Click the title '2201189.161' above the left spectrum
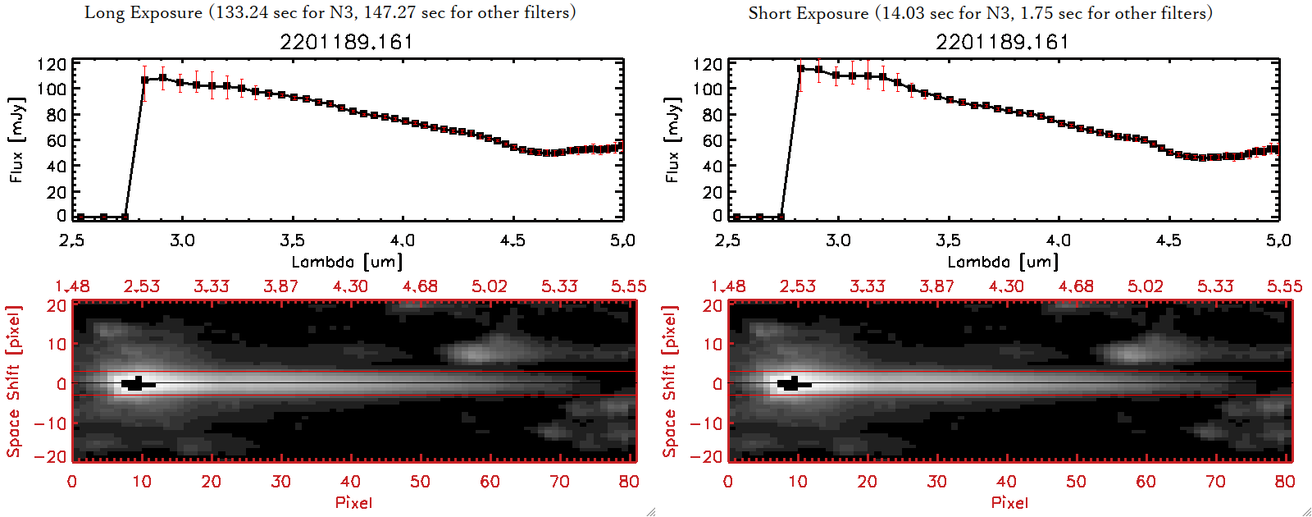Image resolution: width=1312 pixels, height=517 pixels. pyautogui.click(x=346, y=42)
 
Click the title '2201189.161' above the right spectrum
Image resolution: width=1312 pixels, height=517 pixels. pyautogui.click(x=1002, y=42)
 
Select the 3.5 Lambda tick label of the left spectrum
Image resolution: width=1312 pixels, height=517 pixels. pyautogui.click(x=292, y=240)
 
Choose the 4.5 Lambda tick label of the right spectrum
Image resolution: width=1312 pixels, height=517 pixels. pyautogui.click(x=1168, y=240)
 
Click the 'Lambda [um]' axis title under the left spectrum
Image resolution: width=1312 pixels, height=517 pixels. pyautogui.click(x=347, y=262)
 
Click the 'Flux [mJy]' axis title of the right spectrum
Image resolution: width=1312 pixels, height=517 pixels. pyautogui.click(x=672, y=140)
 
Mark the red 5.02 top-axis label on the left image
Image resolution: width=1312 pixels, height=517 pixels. pyautogui.click(x=490, y=286)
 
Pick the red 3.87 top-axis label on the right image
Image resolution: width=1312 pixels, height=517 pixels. pyautogui.click(x=936, y=286)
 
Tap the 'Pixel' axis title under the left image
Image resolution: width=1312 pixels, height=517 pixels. pyautogui.click(x=353, y=502)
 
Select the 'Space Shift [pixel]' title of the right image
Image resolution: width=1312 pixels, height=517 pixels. pyautogui.click(x=670, y=382)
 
